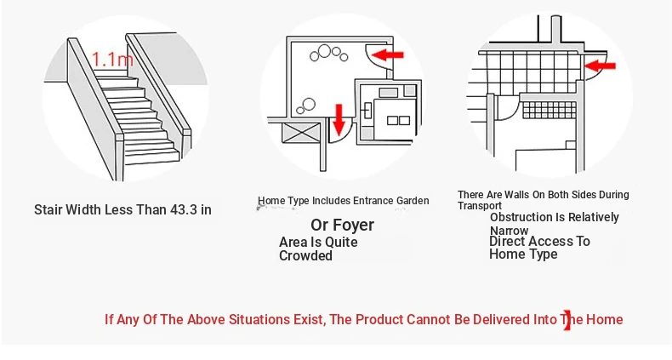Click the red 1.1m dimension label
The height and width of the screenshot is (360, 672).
coord(112,59)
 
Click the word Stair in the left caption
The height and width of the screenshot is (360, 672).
coord(48,209)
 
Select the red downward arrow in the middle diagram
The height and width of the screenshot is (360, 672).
coord(339,119)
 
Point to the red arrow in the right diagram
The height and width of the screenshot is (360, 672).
coord(600,66)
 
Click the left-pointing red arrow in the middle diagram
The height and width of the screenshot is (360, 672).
coord(388,54)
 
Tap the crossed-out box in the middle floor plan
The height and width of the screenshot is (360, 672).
coord(302,133)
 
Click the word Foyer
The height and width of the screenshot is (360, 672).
coord(353,225)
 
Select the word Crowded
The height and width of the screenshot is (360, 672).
coord(305,256)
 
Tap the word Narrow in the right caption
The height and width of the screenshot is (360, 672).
coord(510,231)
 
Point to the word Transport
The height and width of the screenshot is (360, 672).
coord(479,206)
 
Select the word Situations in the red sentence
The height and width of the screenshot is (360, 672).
coord(259,320)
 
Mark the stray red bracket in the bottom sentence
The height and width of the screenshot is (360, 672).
coord(568,321)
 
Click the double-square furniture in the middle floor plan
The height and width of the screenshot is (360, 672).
coord(399,121)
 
